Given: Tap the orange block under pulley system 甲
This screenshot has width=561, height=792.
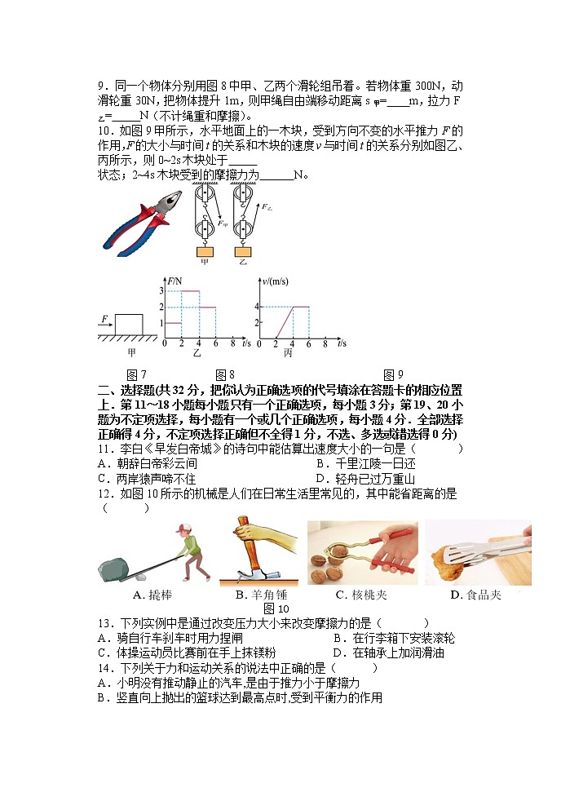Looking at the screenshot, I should pos(204,251).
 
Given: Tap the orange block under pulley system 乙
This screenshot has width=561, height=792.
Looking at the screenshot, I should pos(242,251).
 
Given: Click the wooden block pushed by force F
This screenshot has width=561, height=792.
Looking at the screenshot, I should pos(129,325).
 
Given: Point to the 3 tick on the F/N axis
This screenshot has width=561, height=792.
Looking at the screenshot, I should pos(161,291).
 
